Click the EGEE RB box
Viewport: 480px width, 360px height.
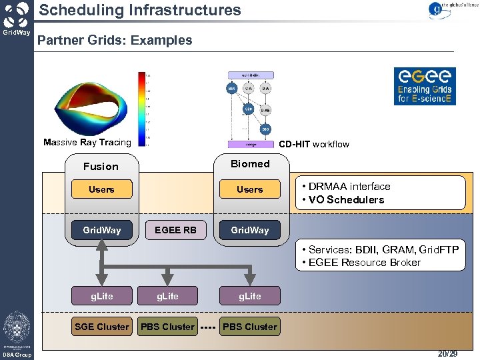(175, 230)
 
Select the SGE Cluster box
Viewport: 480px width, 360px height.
(102, 327)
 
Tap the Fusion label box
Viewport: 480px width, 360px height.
(101, 167)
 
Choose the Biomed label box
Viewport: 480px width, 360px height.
(250, 164)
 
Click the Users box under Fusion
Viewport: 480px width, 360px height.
(101, 189)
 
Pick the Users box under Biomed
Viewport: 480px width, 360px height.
(250, 189)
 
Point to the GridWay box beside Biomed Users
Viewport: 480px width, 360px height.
(250, 230)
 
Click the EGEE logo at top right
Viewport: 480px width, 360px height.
(424, 85)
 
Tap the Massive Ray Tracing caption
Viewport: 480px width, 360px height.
(87, 142)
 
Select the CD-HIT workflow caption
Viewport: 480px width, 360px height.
(313, 144)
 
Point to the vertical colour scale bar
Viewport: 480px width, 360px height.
(142, 107)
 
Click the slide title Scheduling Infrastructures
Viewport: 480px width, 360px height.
(140, 10)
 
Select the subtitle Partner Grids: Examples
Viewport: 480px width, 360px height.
(115, 40)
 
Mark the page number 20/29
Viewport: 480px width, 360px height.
(448, 353)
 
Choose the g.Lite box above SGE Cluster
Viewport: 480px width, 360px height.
(102, 296)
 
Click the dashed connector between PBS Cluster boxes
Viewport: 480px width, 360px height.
(208, 327)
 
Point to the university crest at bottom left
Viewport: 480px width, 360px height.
(16, 328)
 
